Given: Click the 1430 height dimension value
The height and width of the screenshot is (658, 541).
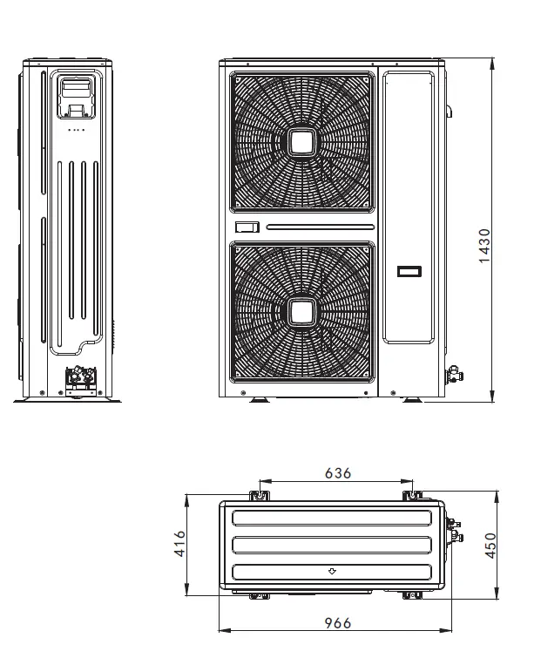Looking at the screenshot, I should click(485, 247).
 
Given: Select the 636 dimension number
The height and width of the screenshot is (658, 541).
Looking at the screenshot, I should click(337, 473).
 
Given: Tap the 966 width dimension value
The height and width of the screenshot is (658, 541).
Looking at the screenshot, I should click(337, 622).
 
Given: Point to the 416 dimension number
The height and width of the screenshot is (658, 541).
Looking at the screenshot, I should click(180, 546).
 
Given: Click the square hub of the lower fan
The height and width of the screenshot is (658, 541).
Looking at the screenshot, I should click(302, 311).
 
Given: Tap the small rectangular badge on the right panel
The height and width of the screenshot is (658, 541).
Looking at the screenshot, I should click(409, 271).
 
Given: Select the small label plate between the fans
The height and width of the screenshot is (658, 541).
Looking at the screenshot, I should click(247, 227).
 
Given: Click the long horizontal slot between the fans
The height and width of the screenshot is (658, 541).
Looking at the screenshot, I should click(320, 227).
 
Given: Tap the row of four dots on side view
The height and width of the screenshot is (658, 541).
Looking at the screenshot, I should click(77, 130).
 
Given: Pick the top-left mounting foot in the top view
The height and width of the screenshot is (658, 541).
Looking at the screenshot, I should click(259, 495).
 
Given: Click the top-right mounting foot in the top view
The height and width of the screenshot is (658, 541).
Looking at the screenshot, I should click(409, 495).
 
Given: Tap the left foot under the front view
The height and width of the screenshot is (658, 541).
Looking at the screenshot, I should click(260, 401).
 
